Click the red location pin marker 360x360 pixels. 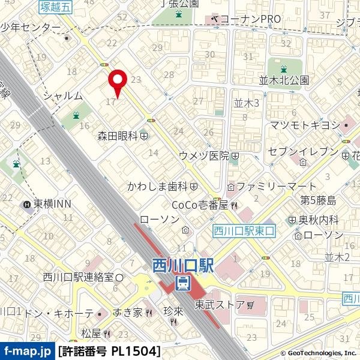[117, 81]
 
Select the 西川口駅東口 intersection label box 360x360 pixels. [243, 230]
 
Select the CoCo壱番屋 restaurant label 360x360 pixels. [200, 205]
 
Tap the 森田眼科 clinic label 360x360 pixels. [118, 136]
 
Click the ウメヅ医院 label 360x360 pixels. [204, 155]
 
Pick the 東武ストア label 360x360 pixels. [220, 305]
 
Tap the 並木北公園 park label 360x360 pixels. [284, 80]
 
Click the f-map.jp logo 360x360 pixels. [27, 351]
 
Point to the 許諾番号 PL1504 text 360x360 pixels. [109, 351]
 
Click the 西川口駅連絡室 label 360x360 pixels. [78, 277]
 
